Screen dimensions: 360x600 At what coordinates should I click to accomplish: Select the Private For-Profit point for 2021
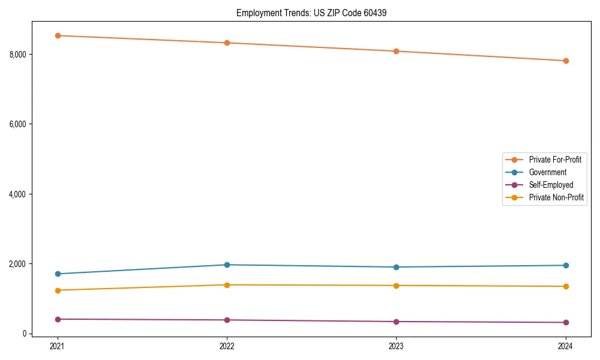coord(58,35)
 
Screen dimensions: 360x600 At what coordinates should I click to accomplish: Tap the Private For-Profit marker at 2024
coord(566,61)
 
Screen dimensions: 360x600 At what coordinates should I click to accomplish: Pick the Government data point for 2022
coord(227,265)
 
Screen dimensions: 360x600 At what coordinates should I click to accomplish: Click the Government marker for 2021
coord(58,274)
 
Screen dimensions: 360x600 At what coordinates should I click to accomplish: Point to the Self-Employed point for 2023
coord(396,322)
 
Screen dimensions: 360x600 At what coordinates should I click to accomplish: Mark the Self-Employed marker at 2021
coord(58,319)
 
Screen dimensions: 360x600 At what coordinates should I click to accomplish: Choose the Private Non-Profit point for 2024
coord(566,286)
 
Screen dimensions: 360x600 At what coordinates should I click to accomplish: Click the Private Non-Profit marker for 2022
coord(227,285)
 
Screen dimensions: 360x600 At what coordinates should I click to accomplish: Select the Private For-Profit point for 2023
coord(396,51)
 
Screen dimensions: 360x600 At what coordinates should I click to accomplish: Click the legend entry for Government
coord(547,172)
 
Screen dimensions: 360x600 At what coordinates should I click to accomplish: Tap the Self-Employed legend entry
coord(551,185)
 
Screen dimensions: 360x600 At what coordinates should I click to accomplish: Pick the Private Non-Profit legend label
coord(556,197)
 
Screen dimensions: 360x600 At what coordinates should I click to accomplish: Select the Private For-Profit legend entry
coord(555,160)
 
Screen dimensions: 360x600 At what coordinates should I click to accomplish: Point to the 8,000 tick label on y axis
coord(17,55)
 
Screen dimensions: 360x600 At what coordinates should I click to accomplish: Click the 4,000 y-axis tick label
coord(17,194)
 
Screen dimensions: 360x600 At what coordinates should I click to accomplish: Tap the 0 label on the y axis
coord(25,334)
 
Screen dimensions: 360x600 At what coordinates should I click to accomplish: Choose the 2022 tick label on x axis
coord(227,346)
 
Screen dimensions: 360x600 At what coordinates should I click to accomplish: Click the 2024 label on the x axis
coord(566,346)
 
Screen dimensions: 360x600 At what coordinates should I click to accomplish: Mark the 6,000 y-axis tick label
coord(17,124)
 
